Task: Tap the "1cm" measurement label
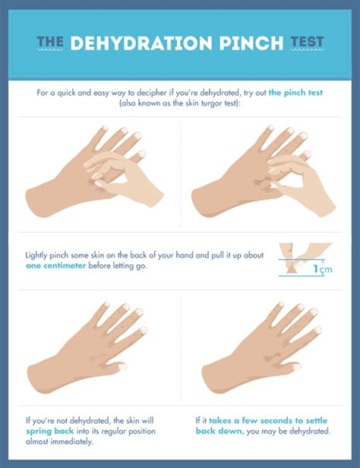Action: pyautogui.click(x=322, y=270)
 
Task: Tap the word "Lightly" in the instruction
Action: pyautogui.click(x=38, y=255)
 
